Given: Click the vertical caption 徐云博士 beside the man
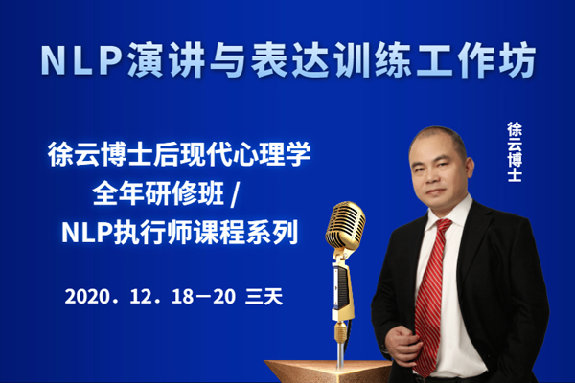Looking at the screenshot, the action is pos(515,151).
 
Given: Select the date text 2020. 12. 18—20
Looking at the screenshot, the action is pos(150,296).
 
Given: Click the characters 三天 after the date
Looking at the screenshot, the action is pos(264,296).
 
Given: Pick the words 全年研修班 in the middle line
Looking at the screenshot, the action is pos(158,193).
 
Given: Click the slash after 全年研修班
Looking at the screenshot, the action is pos(235,194).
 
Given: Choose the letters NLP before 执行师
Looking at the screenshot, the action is pos(86,233).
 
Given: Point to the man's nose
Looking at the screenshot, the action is pos(430,177).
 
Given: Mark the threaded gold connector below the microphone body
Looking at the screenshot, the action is pos(340,331).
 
